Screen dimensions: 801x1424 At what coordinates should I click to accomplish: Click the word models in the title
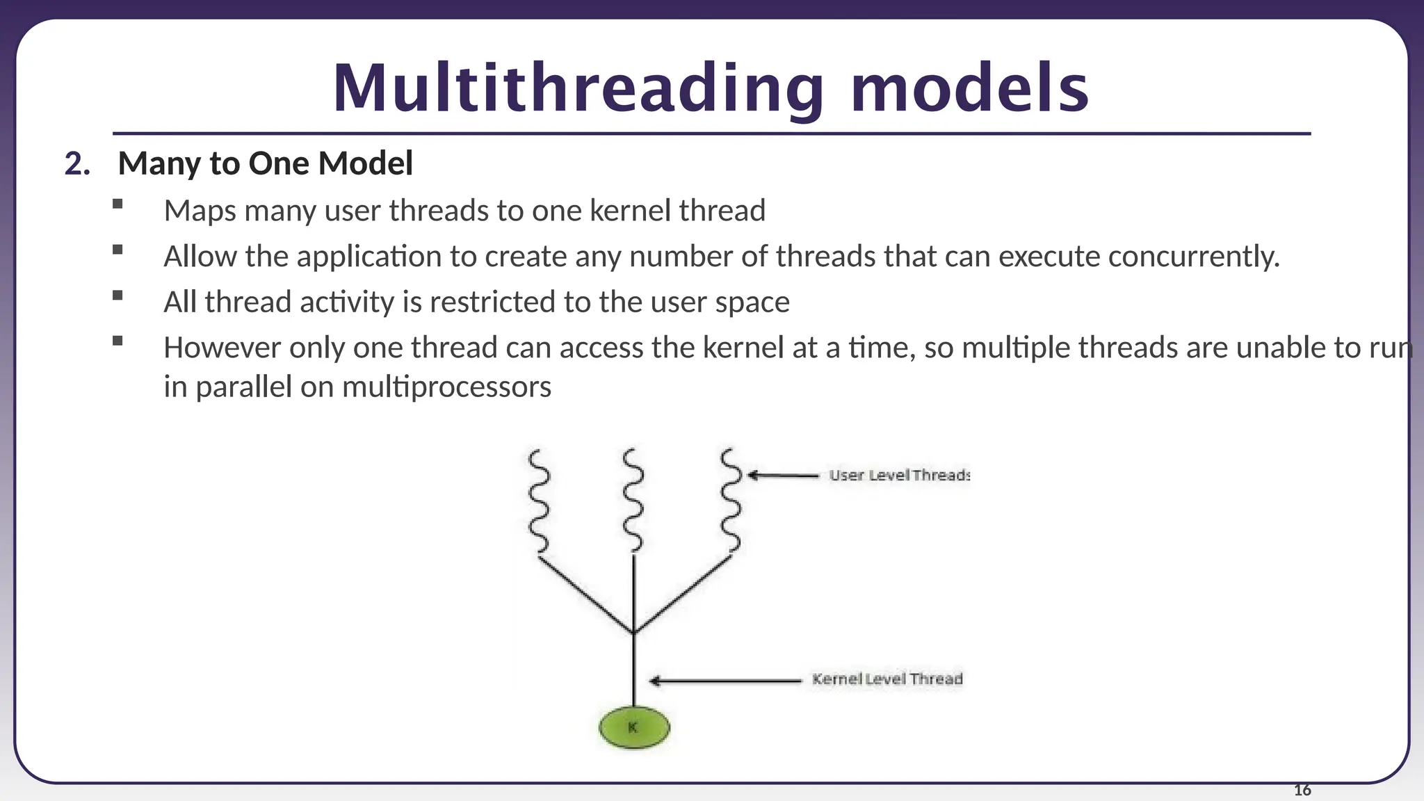pos(969,88)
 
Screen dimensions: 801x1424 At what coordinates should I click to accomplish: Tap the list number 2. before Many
pos(77,164)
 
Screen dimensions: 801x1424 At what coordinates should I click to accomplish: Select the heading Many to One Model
pos(265,164)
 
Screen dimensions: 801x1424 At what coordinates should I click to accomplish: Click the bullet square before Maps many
pos(117,204)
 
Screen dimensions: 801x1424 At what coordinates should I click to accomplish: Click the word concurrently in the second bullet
pos(1193,257)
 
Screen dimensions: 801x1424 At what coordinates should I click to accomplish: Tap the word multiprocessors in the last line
pos(446,387)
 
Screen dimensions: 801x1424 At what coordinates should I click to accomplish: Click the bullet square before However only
pos(117,341)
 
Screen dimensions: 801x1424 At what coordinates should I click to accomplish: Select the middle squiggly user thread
pos(633,501)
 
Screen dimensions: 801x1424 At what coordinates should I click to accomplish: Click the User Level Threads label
pos(898,476)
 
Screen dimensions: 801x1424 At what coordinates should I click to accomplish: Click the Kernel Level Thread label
pos(887,679)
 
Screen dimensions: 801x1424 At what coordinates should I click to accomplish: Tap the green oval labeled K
pos(633,728)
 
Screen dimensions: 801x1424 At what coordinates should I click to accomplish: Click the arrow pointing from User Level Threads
pos(782,476)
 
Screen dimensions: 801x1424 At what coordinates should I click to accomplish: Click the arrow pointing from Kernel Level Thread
pos(725,681)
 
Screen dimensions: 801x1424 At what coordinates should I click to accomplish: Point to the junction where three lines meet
pos(633,632)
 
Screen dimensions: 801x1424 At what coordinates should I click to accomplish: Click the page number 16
pos(1302,791)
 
